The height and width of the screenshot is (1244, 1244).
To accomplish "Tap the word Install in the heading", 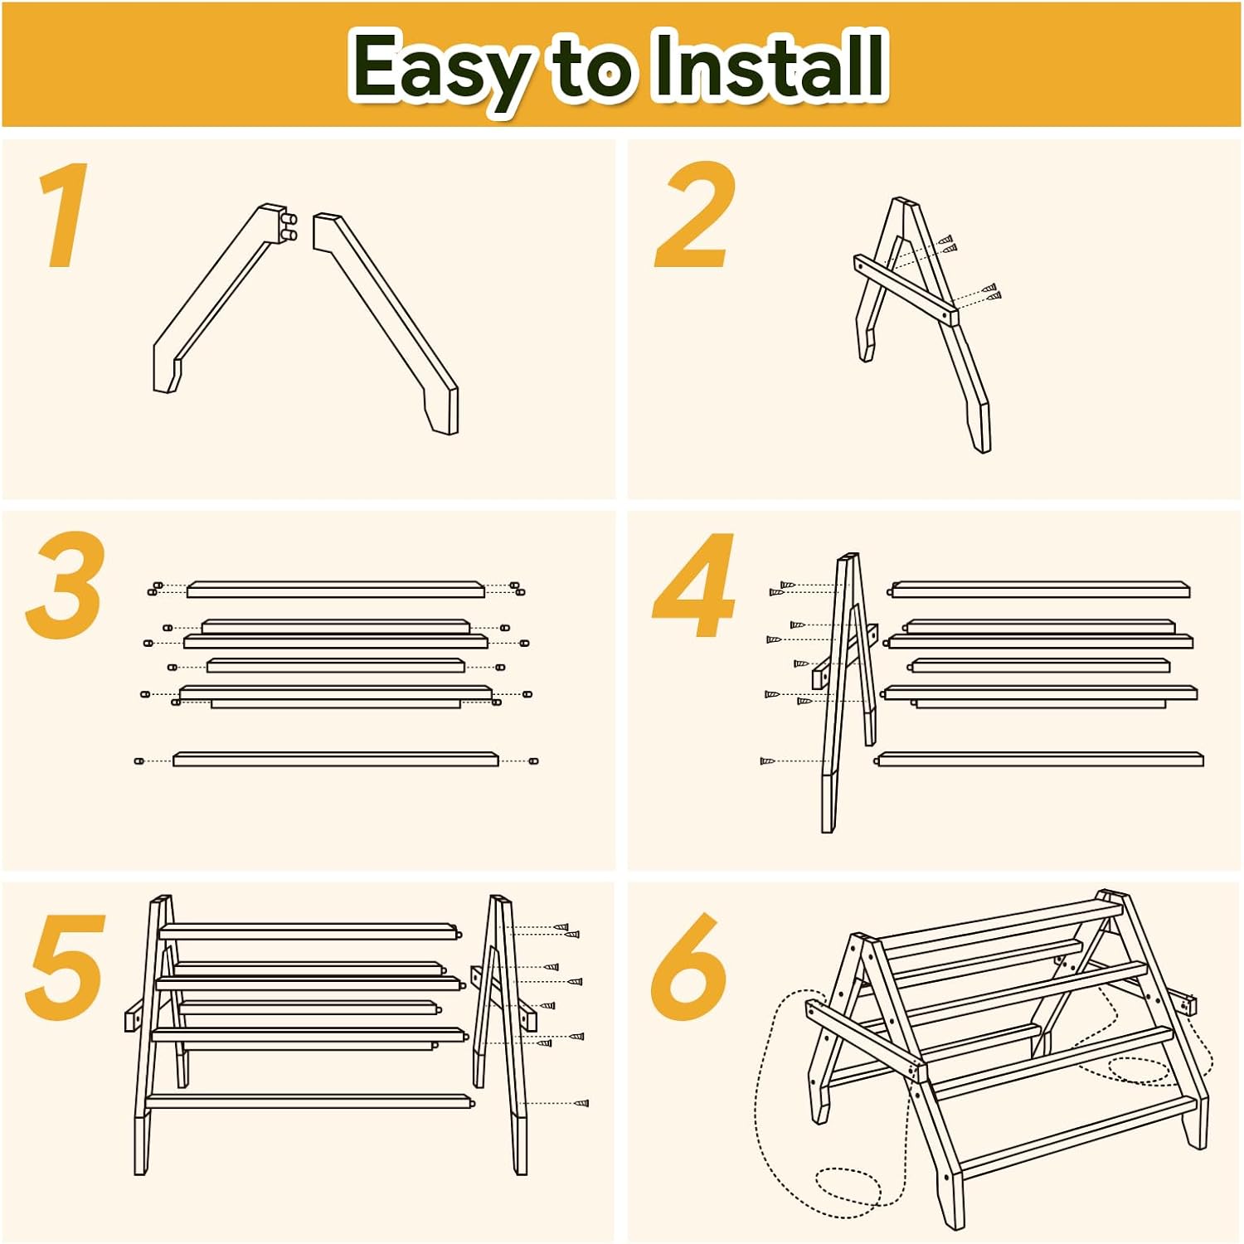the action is click(769, 65).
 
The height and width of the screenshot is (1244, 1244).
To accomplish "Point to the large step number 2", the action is click(695, 215).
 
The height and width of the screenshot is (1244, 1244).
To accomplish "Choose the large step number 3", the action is click(66, 586).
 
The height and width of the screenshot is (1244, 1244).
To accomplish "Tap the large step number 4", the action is click(694, 586).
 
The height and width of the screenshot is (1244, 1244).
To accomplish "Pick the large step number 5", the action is click(66, 967).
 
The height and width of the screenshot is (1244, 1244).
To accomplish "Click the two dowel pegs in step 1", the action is click(289, 227).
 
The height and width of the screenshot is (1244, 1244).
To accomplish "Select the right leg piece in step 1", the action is click(386, 323).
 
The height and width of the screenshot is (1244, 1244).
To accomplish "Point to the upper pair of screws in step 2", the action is click(948, 243).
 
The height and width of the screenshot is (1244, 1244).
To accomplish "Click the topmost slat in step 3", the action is click(336, 590).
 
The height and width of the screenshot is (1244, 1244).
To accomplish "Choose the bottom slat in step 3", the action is click(336, 759).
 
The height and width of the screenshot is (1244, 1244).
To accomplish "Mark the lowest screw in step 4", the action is click(767, 760).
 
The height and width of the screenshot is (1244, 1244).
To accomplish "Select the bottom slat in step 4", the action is click(1041, 759).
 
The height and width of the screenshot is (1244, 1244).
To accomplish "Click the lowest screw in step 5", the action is click(581, 1104).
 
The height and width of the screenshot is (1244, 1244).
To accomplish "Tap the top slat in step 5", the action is click(310, 931).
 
